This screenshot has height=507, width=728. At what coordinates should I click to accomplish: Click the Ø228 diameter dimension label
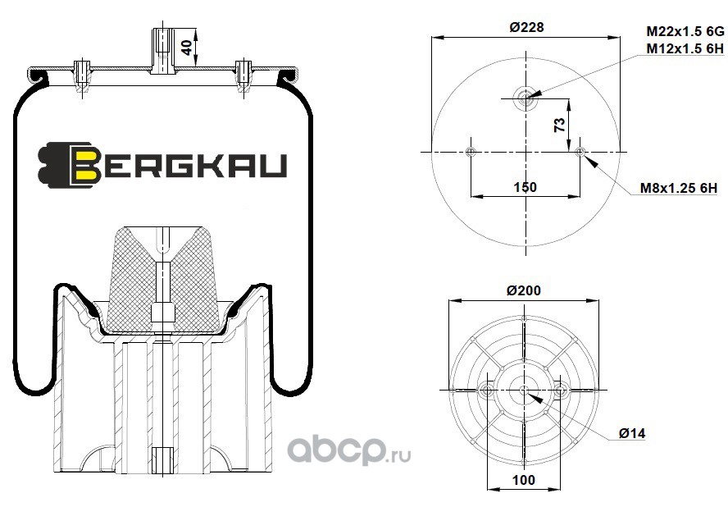[x=526, y=27]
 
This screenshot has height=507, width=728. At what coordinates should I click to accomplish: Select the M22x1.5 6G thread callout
[x=685, y=32]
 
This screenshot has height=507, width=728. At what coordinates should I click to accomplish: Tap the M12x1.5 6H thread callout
[x=685, y=48]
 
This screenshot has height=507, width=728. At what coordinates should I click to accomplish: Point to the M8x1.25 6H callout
[x=679, y=188]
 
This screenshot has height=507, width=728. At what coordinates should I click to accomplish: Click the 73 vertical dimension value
[x=560, y=125]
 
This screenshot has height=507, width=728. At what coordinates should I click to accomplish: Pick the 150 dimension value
[x=526, y=187]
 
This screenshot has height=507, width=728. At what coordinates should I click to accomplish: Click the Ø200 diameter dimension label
[x=524, y=290]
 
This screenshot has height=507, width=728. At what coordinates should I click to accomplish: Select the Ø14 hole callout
[x=632, y=433]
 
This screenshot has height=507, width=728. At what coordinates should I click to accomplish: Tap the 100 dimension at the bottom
[x=524, y=480]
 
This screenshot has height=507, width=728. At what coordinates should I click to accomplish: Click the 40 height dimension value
[x=187, y=48]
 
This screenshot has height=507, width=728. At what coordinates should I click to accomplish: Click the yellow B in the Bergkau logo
[x=85, y=165]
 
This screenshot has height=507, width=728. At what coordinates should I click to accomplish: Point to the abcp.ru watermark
[x=349, y=450]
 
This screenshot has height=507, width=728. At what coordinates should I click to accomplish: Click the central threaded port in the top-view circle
[x=526, y=98]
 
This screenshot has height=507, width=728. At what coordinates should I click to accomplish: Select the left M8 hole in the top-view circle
[x=471, y=152]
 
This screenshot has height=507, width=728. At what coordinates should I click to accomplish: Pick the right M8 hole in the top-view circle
[x=580, y=152]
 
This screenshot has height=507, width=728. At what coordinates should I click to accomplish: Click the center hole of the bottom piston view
[x=524, y=390]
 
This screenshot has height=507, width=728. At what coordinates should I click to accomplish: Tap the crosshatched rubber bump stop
[x=162, y=279]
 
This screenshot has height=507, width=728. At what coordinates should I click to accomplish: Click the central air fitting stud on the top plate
[x=163, y=51]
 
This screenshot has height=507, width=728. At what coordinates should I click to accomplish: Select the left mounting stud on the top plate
[x=82, y=76]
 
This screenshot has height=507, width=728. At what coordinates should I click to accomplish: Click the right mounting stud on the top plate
[x=243, y=76]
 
